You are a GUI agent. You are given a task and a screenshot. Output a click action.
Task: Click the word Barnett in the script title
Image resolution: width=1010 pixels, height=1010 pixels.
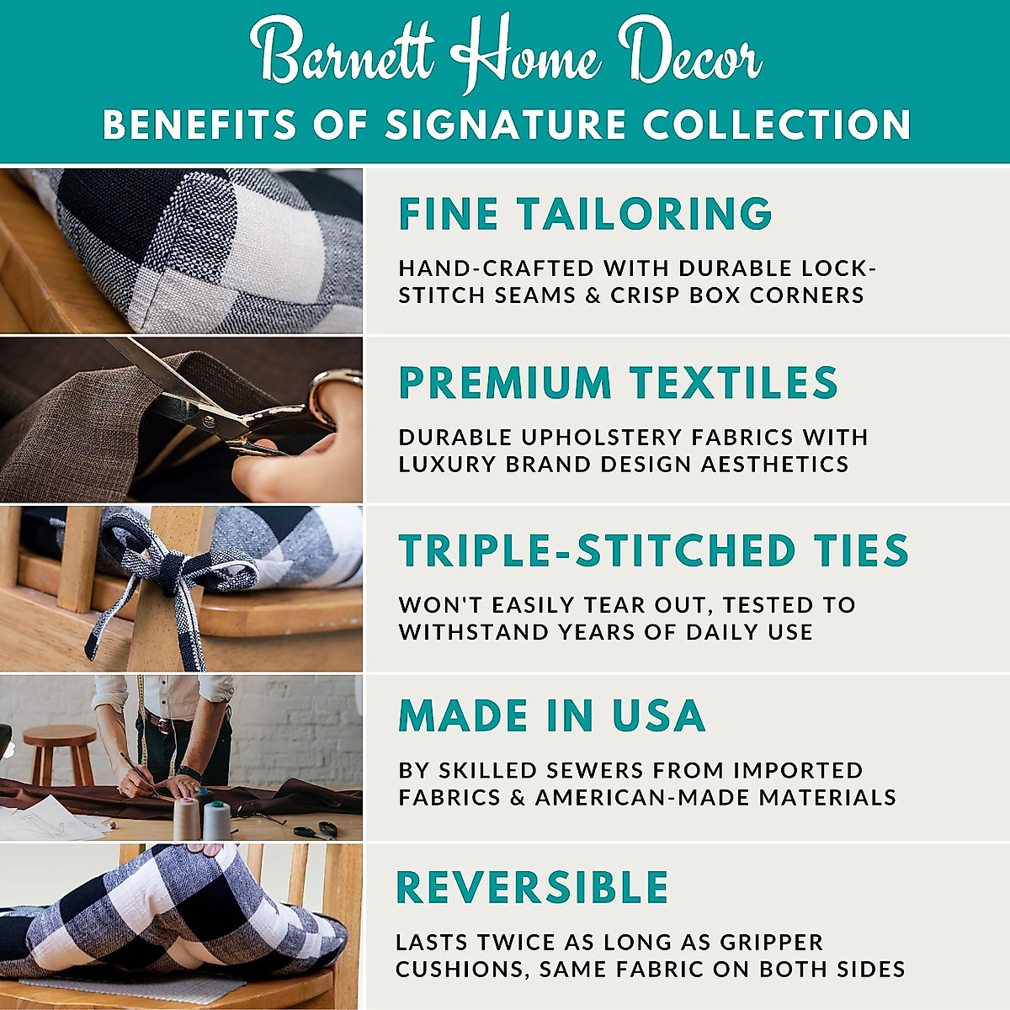tap(345, 52)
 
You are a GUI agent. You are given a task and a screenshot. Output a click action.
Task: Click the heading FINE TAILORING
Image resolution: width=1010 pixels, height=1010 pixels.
tap(585, 214)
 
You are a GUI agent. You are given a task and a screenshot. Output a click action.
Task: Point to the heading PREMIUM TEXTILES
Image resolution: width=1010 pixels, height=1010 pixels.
tap(618, 383)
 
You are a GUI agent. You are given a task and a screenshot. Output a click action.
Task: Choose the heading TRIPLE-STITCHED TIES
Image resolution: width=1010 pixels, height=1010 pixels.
tap(653, 551)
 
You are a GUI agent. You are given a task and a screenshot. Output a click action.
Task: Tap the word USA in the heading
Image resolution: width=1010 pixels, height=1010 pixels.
tap(658, 716)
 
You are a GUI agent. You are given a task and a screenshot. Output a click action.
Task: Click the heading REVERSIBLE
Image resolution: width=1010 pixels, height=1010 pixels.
tap(532, 888)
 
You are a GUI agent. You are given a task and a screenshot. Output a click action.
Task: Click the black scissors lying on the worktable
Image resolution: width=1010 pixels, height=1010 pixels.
tap(316, 830)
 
